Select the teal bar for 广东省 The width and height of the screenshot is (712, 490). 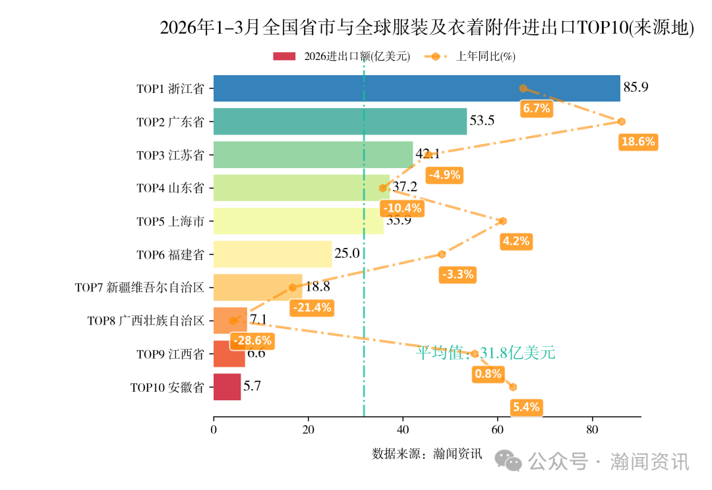tap(340, 121)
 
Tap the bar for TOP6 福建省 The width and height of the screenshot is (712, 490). tap(272, 254)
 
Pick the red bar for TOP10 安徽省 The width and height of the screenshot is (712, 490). tap(227, 387)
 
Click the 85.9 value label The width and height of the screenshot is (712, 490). tap(636, 87)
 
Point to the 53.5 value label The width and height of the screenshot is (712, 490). tap(481, 121)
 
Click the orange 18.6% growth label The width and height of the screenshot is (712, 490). tap(638, 142)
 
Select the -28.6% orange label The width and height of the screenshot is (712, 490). tap(251, 341)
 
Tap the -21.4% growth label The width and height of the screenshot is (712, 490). tap(311, 307)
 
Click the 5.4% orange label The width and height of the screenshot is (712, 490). tap(526, 407)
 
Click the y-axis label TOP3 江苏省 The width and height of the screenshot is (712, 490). tap(170, 155)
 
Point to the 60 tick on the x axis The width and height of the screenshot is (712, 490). tap(498, 430)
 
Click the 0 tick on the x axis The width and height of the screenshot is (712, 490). tap(214, 430)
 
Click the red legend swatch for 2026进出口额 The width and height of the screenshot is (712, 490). tap(285, 57)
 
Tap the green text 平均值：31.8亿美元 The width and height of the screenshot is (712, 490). tap(485, 353)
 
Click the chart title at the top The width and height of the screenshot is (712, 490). tap(427, 28)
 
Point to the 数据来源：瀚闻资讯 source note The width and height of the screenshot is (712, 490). tap(427, 454)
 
